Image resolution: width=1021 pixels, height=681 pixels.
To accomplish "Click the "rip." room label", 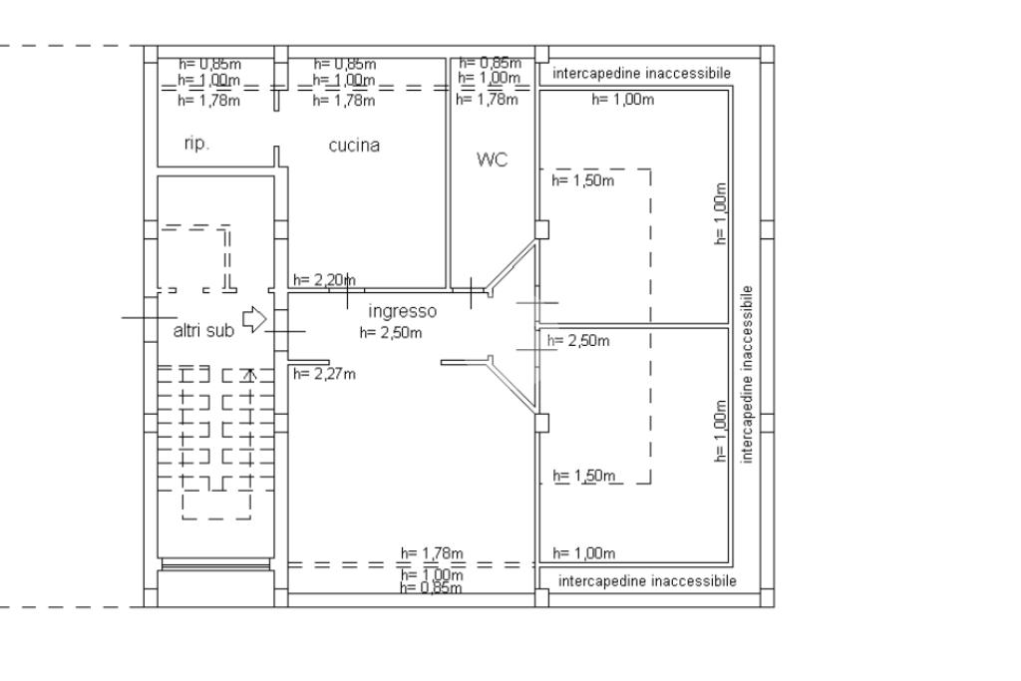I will [196, 144].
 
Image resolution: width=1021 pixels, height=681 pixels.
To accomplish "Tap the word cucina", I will [354, 145].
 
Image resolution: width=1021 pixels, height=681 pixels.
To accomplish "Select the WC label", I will [493, 159].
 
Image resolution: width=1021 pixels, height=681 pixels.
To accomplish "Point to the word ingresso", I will [402, 311].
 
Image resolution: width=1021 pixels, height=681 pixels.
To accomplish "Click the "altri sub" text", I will [203, 331].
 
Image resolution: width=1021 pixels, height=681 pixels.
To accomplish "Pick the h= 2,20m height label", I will [323, 281].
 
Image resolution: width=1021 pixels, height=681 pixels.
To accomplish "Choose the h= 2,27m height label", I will [324, 374].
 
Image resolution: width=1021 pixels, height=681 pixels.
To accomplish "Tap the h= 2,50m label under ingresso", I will [391, 333].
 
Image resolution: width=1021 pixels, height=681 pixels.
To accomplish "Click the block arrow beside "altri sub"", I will [255, 319].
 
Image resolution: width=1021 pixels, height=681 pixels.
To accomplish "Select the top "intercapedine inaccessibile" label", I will [640, 73].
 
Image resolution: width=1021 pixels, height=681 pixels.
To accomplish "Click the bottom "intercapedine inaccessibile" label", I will [647, 580].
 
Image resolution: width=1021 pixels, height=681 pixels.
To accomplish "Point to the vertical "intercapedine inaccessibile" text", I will [748, 374].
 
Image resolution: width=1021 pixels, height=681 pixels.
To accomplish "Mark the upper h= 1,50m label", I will [583, 180].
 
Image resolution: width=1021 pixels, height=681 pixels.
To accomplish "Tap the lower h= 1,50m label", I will [584, 476].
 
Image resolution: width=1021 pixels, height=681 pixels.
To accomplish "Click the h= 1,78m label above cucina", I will [344, 100].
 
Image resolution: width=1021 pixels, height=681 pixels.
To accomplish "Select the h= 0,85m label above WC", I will [490, 64].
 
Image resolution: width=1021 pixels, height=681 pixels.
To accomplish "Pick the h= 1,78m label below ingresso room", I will [432, 553].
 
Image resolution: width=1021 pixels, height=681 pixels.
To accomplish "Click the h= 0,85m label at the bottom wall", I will [430, 588].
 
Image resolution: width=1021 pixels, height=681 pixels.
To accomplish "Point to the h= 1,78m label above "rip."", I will [208, 100].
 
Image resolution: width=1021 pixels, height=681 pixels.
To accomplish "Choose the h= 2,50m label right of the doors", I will [578, 341].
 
